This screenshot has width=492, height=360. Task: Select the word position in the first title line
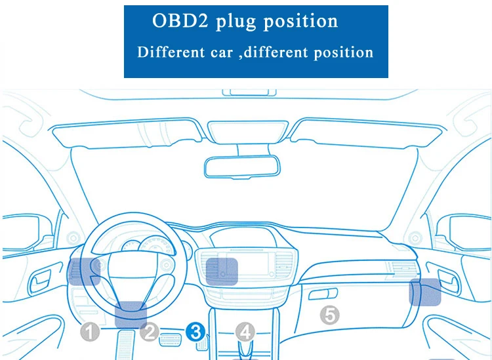[300, 22]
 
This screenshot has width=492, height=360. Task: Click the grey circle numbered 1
[90, 332]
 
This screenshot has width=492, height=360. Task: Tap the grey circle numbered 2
[150, 332]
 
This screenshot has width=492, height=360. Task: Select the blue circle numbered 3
[196, 332]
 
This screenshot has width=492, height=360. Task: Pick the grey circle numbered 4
[245, 332]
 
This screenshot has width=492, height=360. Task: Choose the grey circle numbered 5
[329, 315]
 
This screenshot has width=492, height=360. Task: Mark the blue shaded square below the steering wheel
[131, 315]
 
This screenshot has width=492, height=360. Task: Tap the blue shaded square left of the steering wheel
[83, 271]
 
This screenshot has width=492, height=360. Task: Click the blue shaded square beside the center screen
[222, 271]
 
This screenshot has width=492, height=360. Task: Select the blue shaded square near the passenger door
[426, 292]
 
